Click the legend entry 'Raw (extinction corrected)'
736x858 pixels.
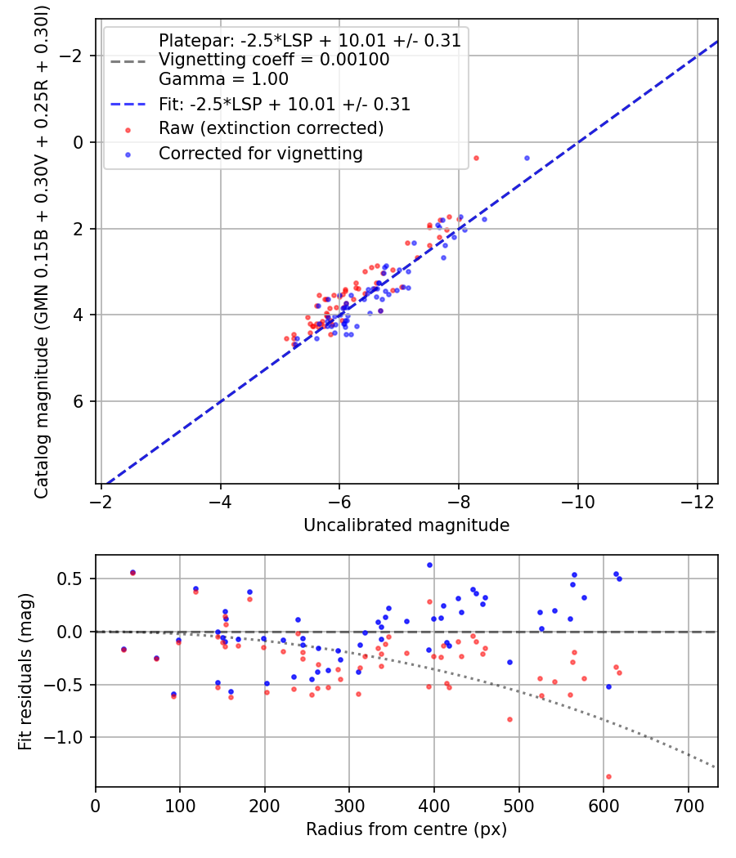click(x=271, y=128)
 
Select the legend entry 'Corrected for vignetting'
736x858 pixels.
click(x=260, y=153)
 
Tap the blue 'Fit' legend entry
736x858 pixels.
click(x=285, y=105)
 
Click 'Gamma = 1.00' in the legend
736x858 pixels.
click(x=223, y=80)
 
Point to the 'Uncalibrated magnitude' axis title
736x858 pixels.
click(x=406, y=525)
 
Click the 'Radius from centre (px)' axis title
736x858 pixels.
click(x=406, y=829)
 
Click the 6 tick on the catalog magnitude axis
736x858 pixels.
click(x=80, y=401)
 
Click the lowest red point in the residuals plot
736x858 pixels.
click(x=608, y=776)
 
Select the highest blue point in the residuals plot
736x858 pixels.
click(x=429, y=565)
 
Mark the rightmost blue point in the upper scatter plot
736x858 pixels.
click(x=527, y=158)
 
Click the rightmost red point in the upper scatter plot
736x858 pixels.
click(x=476, y=158)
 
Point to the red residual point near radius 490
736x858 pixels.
click(x=509, y=719)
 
